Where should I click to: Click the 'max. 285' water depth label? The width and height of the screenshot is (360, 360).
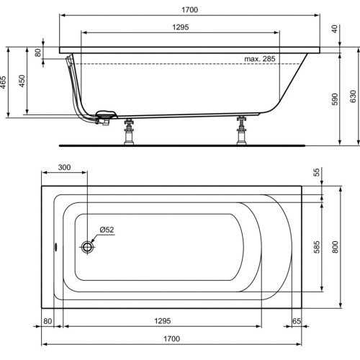pyautogui.click(x=259, y=58)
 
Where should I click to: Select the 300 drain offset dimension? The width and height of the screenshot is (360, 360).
pyautogui.click(x=64, y=167)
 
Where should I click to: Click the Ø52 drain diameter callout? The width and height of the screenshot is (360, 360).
pyautogui.click(x=107, y=230)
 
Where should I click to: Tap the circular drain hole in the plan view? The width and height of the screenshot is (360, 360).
pyautogui.click(x=89, y=247)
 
